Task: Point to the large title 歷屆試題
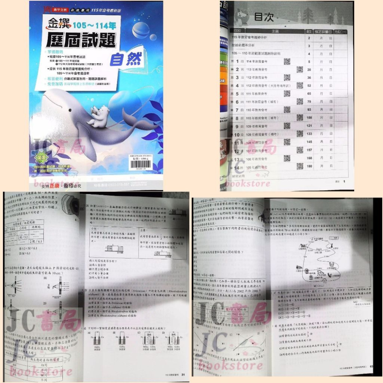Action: [81, 41]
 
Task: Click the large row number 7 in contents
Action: [237, 110]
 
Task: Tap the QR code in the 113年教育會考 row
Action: [300, 69]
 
